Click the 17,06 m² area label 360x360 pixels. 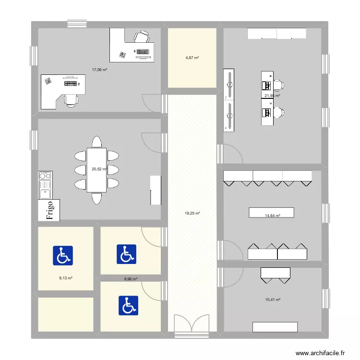(99, 70)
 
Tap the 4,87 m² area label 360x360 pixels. (192, 58)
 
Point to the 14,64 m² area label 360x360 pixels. (272, 216)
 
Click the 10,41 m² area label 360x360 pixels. (272, 300)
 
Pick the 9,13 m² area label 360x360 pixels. (65, 278)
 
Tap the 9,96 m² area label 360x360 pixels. (131, 278)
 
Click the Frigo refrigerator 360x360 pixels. (49, 210)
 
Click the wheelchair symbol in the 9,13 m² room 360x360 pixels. (62, 256)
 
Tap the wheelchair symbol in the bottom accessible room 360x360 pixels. (128, 305)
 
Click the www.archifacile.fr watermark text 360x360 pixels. (320, 353)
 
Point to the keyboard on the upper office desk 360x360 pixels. (143, 51)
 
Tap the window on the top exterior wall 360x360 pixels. (77, 23)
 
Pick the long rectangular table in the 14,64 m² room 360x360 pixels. (271, 213)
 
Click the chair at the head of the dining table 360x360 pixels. (96, 142)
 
